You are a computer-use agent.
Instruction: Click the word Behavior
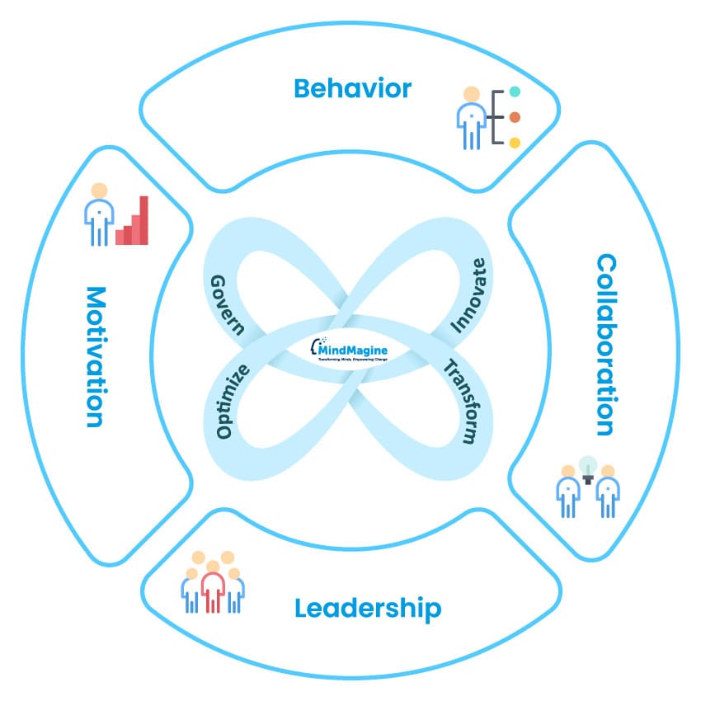(x=352, y=88)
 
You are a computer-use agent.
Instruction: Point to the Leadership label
(x=368, y=609)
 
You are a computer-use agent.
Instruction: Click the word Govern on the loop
(x=228, y=303)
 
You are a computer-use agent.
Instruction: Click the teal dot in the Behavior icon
(x=515, y=92)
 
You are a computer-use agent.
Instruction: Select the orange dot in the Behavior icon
(x=515, y=117)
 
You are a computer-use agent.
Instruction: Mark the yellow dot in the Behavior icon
(x=515, y=143)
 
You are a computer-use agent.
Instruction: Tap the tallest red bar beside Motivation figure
(x=143, y=220)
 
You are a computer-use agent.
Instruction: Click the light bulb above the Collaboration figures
(x=587, y=468)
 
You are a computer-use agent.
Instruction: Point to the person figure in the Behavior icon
(x=470, y=117)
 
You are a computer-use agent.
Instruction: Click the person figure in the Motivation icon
(x=99, y=214)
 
